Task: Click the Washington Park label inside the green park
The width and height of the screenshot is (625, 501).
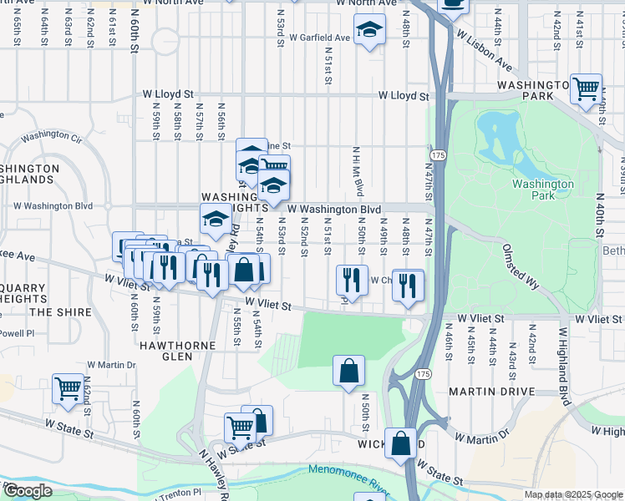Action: pos(543,190)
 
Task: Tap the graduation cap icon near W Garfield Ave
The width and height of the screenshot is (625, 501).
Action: pos(368,31)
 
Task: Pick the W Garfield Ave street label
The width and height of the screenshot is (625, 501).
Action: pos(320,38)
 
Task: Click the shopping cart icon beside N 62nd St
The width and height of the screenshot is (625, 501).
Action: pos(68,388)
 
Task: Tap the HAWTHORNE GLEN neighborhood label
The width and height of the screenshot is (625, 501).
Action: pos(165,350)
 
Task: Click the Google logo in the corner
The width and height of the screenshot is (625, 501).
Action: pos(28,491)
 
